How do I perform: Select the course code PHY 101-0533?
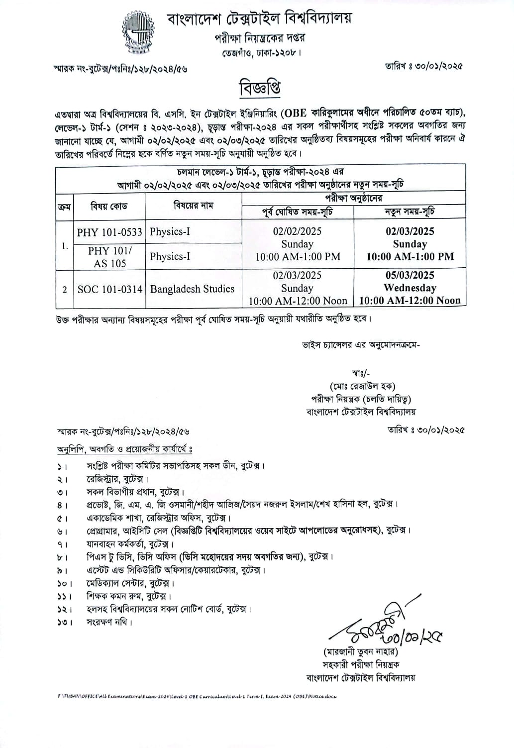coord(109,232)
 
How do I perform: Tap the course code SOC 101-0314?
coord(110,289)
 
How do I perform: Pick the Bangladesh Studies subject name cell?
coord(192,289)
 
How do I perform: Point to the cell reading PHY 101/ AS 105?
coord(110,257)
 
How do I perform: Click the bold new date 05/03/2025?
coord(410,275)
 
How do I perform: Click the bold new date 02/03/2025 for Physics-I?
coord(410,231)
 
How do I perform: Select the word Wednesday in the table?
coord(410,288)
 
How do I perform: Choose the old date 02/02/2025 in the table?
coord(297,231)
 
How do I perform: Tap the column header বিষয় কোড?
coord(109,206)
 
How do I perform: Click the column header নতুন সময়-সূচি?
coord(410,212)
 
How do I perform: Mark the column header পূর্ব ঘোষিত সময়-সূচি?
coord(298,212)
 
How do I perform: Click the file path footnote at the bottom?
coord(197,696)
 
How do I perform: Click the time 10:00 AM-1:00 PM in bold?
coord(410,257)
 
